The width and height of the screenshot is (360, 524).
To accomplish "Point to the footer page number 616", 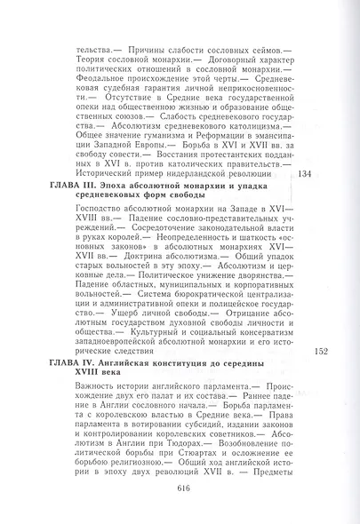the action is [185, 487].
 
